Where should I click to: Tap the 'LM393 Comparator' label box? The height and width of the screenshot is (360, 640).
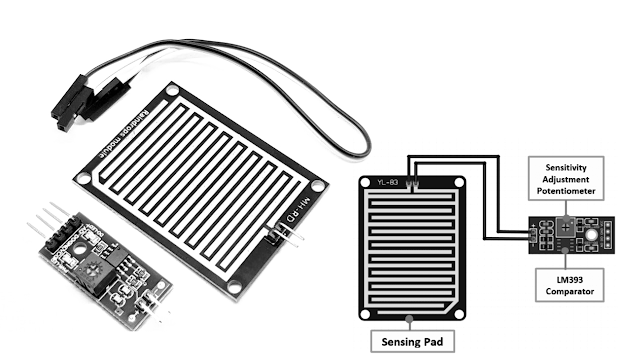[x=568, y=284]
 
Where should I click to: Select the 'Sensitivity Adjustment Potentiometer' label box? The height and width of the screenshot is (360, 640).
[x=567, y=177]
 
